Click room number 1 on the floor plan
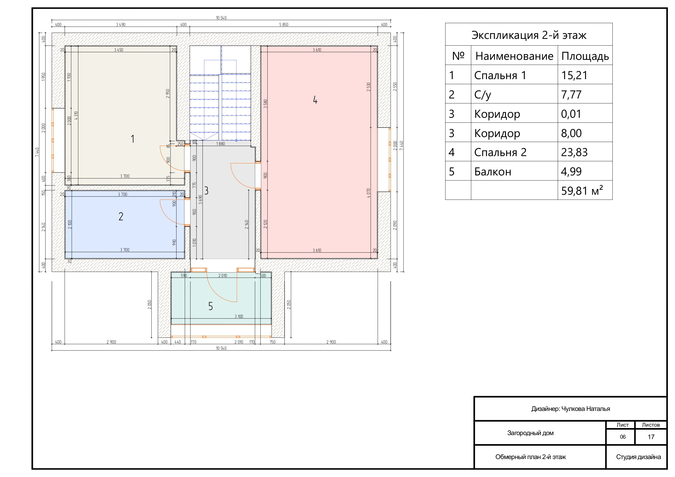tap(133, 139)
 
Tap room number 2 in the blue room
tap(121, 216)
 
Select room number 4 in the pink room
tap(315, 100)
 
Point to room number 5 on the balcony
tap(211, 306)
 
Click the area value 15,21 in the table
tap(574, 76)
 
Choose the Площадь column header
tap(585, 56)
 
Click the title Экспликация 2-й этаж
tap(529, 35)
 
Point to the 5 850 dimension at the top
tap(284, 25)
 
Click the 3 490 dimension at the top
tap(121, 25)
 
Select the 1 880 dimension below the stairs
tap(220, 144)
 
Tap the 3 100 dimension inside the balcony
tap(239, 317)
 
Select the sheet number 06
tap(623, 437)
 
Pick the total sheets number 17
tap(651, 437)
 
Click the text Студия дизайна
tap(639, 457)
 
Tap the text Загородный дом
tap(530, 433)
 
